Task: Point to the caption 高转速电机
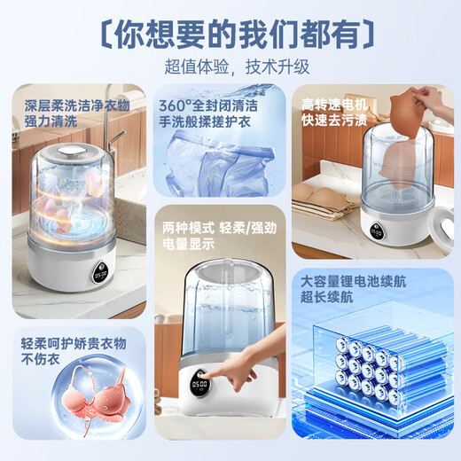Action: click(334, 103)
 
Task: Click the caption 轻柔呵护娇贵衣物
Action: click(74, 343)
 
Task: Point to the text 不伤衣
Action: click(39, 361)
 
